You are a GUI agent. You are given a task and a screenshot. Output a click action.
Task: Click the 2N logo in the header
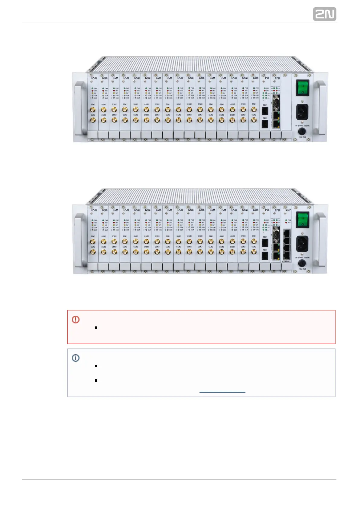324,14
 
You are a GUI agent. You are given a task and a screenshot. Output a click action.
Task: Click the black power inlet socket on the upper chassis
302,112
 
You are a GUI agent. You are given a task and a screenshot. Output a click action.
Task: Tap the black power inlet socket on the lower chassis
302,243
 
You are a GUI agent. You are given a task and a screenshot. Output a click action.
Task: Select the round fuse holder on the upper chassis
302,131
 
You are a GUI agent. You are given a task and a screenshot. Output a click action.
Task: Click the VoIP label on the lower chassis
288,210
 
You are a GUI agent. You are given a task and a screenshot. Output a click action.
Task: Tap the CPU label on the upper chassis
277,78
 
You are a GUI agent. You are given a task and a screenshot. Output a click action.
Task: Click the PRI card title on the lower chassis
267,210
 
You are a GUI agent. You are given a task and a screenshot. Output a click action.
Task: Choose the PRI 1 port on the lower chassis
265,256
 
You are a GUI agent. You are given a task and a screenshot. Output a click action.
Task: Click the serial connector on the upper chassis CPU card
275,103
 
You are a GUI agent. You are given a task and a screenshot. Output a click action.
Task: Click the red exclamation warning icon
76,319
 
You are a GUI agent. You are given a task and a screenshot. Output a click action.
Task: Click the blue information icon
76,358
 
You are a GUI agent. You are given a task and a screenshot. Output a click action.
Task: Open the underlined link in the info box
222,390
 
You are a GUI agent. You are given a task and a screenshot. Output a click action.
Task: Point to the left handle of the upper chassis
78,107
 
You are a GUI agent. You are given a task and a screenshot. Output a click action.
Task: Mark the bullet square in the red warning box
96,328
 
